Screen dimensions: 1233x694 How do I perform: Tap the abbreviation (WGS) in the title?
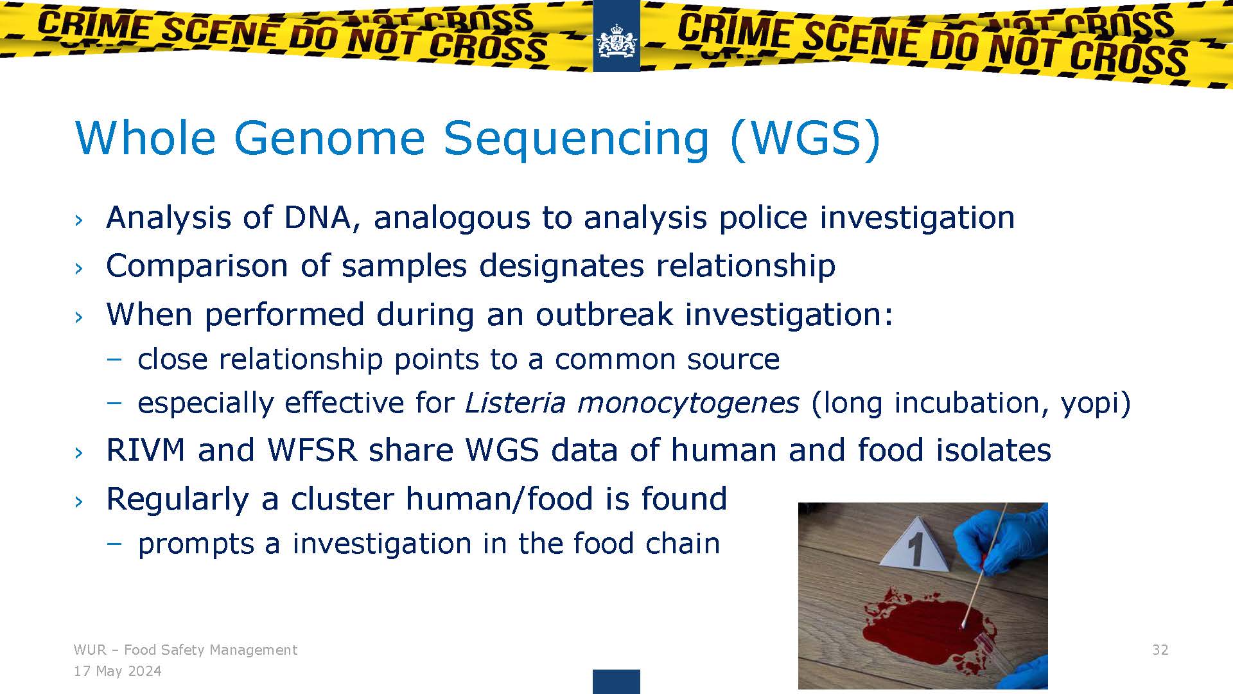point(805,138)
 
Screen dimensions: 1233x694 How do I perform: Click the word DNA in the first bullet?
point(318,217)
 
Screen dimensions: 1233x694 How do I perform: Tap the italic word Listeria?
point(515,403)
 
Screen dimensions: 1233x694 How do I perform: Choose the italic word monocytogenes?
point(688,404)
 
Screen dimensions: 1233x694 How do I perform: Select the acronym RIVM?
point(146,450)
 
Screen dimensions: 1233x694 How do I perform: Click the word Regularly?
point(177,499)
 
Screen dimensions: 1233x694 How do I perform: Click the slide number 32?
point(1160,650)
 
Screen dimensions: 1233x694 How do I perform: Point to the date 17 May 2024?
point(118,672)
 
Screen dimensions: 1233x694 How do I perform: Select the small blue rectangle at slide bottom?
point(616,681)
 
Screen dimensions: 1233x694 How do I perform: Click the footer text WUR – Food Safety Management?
point(186,650)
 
